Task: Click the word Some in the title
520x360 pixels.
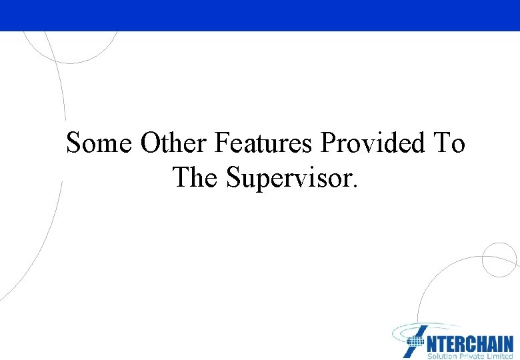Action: tap(100, 143)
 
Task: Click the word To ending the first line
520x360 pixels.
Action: tap(449, 143)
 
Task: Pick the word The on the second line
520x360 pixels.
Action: tap(196, 177)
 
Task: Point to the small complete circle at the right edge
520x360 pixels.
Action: tap(499, 259)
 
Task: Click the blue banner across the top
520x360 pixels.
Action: tap(260, 15)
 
